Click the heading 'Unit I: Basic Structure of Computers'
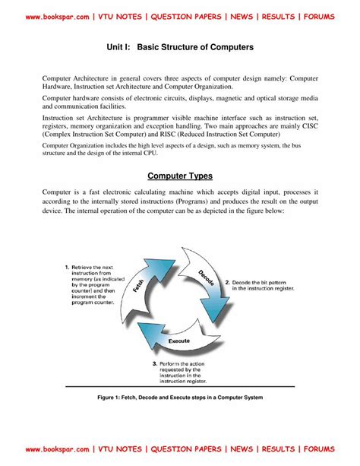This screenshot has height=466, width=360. (180, 47)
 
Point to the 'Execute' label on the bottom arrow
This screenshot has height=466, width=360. (178, 341)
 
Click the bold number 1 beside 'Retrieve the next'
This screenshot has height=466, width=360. (67, 268)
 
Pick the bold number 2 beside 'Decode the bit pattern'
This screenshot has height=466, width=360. (248, 281)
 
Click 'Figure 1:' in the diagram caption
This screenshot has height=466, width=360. (112, 397)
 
